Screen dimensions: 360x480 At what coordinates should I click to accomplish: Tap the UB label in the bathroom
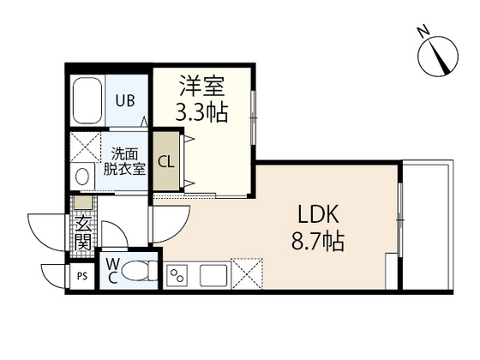[x=125, y=99]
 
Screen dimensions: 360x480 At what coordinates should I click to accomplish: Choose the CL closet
[x=167, y=160]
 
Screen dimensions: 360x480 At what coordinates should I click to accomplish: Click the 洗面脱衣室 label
[x=125, y=161]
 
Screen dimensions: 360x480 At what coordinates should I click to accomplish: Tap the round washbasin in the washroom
[x=82, y=177]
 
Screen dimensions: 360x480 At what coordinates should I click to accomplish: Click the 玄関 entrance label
[x=82, y=231]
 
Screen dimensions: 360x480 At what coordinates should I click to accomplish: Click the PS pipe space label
[x=82, y=276]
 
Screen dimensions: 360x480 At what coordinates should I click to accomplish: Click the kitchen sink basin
[x=212, y=276]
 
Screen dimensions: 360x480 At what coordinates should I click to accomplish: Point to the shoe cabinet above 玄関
[x=82, y=203]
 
